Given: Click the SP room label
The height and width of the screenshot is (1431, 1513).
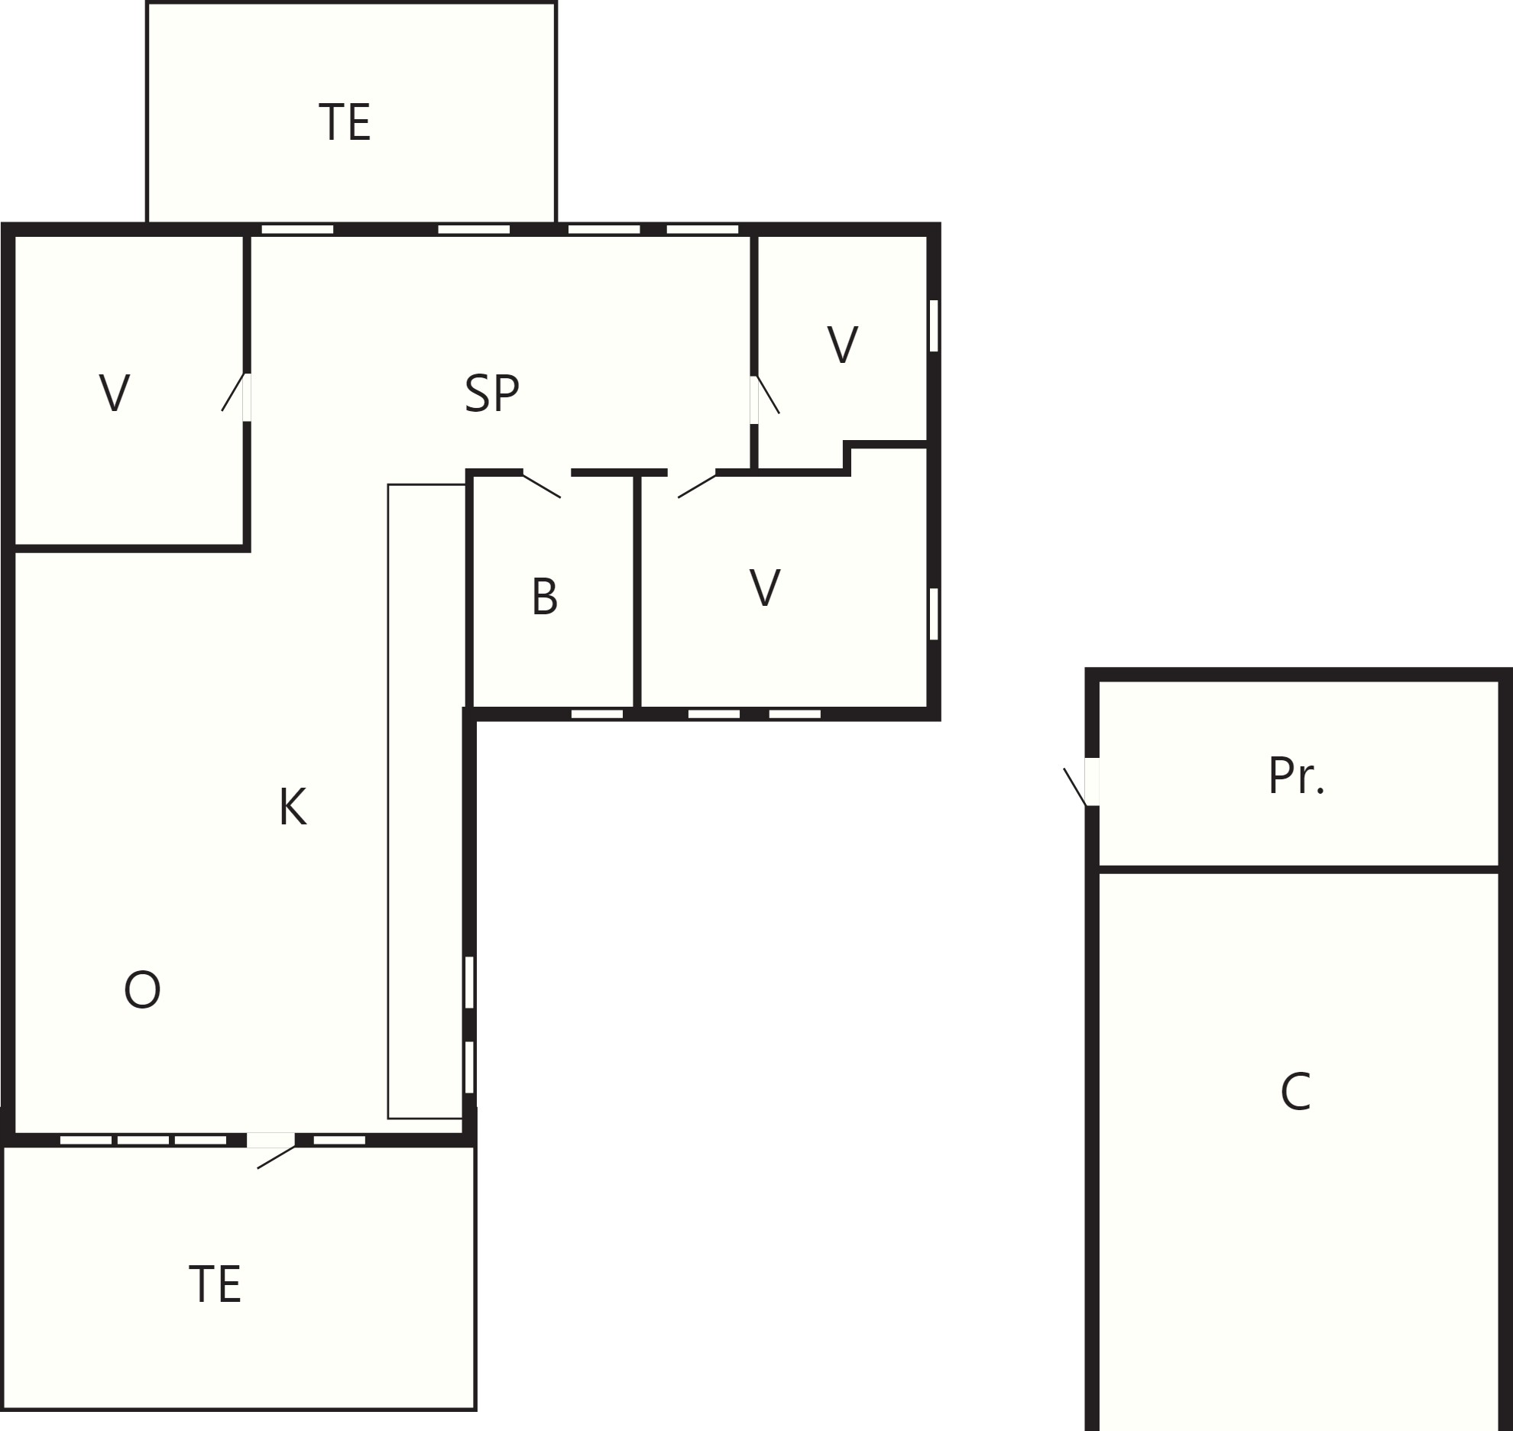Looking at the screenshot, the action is coord(492,393).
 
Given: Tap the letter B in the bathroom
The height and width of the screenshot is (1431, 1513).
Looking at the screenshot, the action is coord(545,597).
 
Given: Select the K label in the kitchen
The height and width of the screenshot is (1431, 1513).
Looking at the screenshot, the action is coord(293,807).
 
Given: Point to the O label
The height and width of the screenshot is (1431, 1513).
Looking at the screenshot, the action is coord(142,990).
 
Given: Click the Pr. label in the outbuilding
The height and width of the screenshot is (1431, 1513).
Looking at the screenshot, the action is coord(1296,776).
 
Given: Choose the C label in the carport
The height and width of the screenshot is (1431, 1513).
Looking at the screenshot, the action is coord(1296,1093).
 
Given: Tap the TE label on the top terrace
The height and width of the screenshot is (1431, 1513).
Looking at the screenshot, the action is coord(345,123).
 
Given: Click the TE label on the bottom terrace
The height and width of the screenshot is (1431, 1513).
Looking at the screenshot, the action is coord(215,1284).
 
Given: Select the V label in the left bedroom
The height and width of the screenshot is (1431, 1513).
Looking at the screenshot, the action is coord(115,393).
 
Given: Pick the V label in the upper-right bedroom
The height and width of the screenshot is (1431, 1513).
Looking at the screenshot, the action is coord(843,345).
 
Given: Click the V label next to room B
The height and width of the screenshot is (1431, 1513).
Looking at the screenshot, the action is coord(765,588).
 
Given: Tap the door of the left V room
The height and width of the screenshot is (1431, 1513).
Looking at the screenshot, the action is coord(235,393).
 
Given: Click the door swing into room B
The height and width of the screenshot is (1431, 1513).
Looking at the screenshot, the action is coord(542,486).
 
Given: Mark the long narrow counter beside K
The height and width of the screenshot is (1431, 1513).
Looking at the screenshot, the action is coord(426,801).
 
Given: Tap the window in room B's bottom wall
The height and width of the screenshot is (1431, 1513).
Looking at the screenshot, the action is coord(598,714).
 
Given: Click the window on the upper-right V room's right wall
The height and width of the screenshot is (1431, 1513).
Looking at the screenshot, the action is coord(934,325).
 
